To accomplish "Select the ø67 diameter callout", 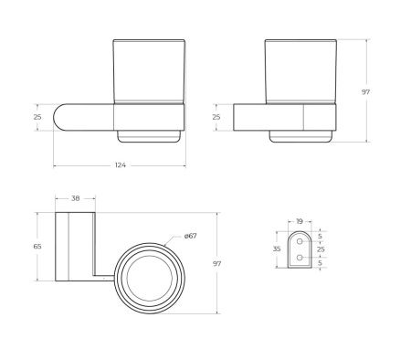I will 191,236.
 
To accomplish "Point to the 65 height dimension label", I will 38,247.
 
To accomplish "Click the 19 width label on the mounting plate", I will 300,220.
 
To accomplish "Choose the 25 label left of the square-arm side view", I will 216,117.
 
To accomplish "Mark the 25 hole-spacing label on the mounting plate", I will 320,248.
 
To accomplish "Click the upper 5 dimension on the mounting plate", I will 320,237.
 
